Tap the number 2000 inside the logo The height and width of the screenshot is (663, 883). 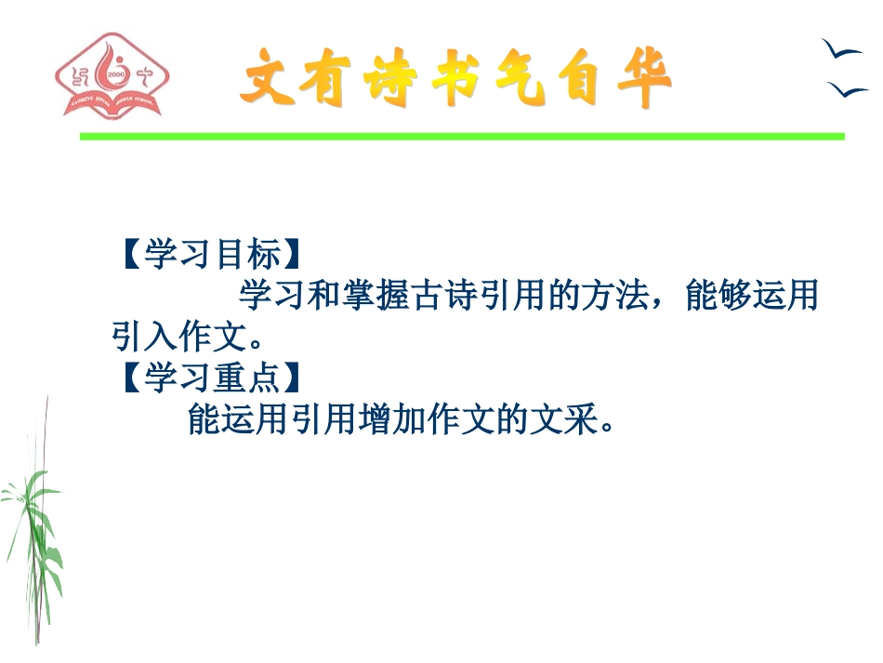[116, 73]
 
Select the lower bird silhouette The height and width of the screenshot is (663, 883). [847, 89]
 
